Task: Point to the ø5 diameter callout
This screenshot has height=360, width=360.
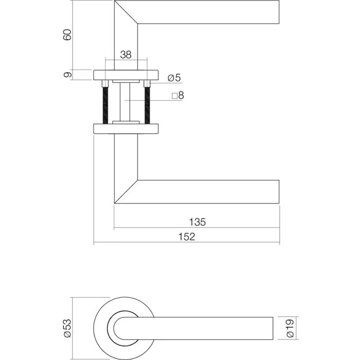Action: pyautogui.click(x=174, y=78)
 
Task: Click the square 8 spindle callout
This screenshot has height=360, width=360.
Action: pyautogui.click(x=177, y=96)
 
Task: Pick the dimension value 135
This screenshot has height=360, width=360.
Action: pyautogui.click(x=197, y=222)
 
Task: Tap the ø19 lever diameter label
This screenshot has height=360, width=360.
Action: pyautogui.click(x=292, y=327)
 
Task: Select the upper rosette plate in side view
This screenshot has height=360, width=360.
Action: pyautogui.click(x=126, y=75)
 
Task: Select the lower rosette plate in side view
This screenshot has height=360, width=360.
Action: pyautogui.click(x=126, y=128)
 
